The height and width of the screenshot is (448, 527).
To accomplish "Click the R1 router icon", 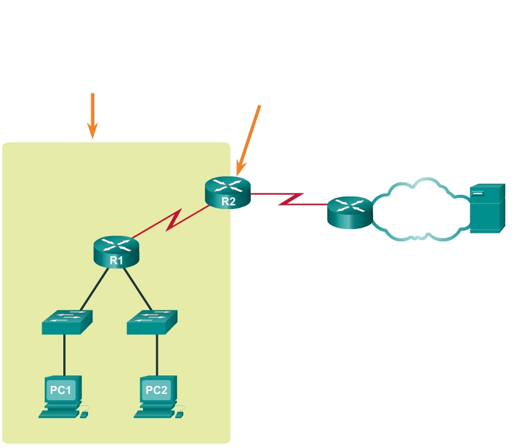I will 117,250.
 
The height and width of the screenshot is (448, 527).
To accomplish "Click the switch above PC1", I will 67,321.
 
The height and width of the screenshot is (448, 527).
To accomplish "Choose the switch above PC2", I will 152,321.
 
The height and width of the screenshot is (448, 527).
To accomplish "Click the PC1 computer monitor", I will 60,390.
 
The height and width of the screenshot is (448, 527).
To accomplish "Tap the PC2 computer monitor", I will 156,390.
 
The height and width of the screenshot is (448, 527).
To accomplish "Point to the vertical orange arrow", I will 92,115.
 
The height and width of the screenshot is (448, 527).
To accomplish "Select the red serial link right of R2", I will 289,199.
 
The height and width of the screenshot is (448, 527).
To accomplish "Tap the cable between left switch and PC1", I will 65,354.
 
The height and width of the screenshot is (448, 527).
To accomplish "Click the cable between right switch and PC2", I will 156,354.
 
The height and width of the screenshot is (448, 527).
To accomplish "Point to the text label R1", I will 117,261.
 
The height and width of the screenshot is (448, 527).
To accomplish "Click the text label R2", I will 228,200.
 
